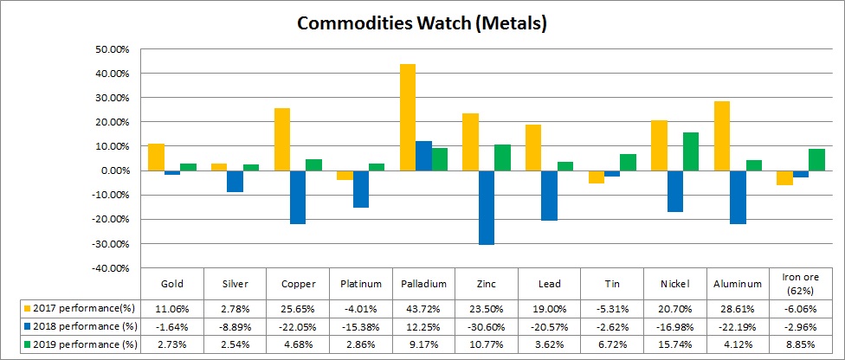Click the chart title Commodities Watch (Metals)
[x=422, y=23]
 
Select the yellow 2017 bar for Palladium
[x=408, y=117]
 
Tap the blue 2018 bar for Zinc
[x=486, y=208]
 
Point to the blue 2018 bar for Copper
[x=297, y=197]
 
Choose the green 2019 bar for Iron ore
[x=815, y=160]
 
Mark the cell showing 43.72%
[x=423, y=308]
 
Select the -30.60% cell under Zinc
[x=486, y=326]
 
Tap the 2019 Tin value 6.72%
[x=611, y=344]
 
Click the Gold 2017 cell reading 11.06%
[x=172, y=308]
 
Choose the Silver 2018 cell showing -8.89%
[x=235, y=326]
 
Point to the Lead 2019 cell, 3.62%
[x=548, y=344]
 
